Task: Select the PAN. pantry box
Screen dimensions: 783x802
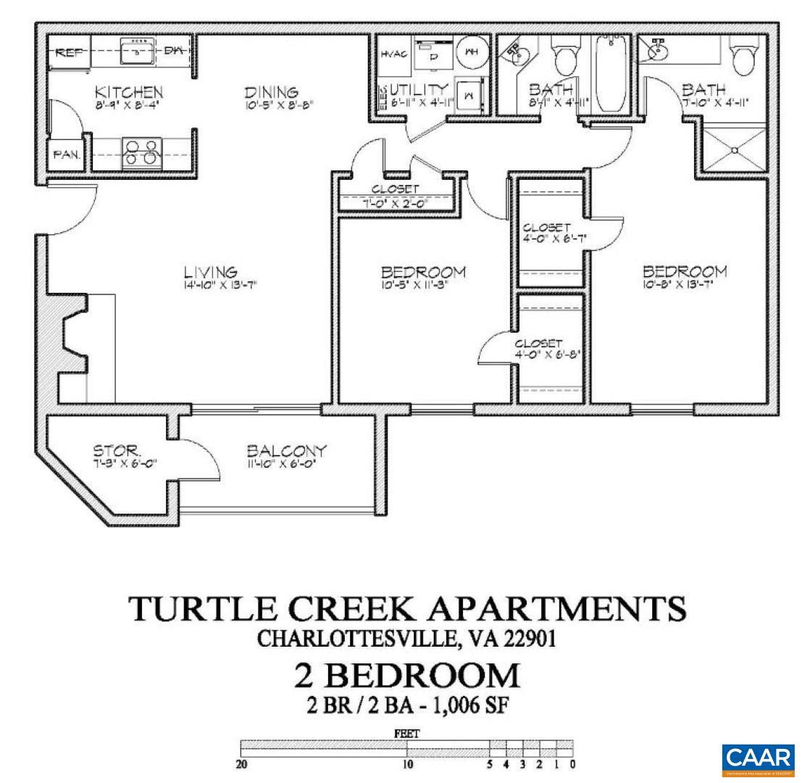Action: tap(65, 155)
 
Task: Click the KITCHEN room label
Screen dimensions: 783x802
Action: tap(130, 93)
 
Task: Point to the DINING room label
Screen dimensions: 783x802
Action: tap(272, 93)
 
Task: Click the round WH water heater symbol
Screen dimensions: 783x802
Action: tap(472, 52)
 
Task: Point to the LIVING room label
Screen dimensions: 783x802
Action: tap(210, 273)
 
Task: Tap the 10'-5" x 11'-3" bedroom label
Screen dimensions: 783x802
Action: tap(423, 273)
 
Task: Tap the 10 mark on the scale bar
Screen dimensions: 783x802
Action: tap(408, 763)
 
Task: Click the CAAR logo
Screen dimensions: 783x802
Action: tap(758, 760)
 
